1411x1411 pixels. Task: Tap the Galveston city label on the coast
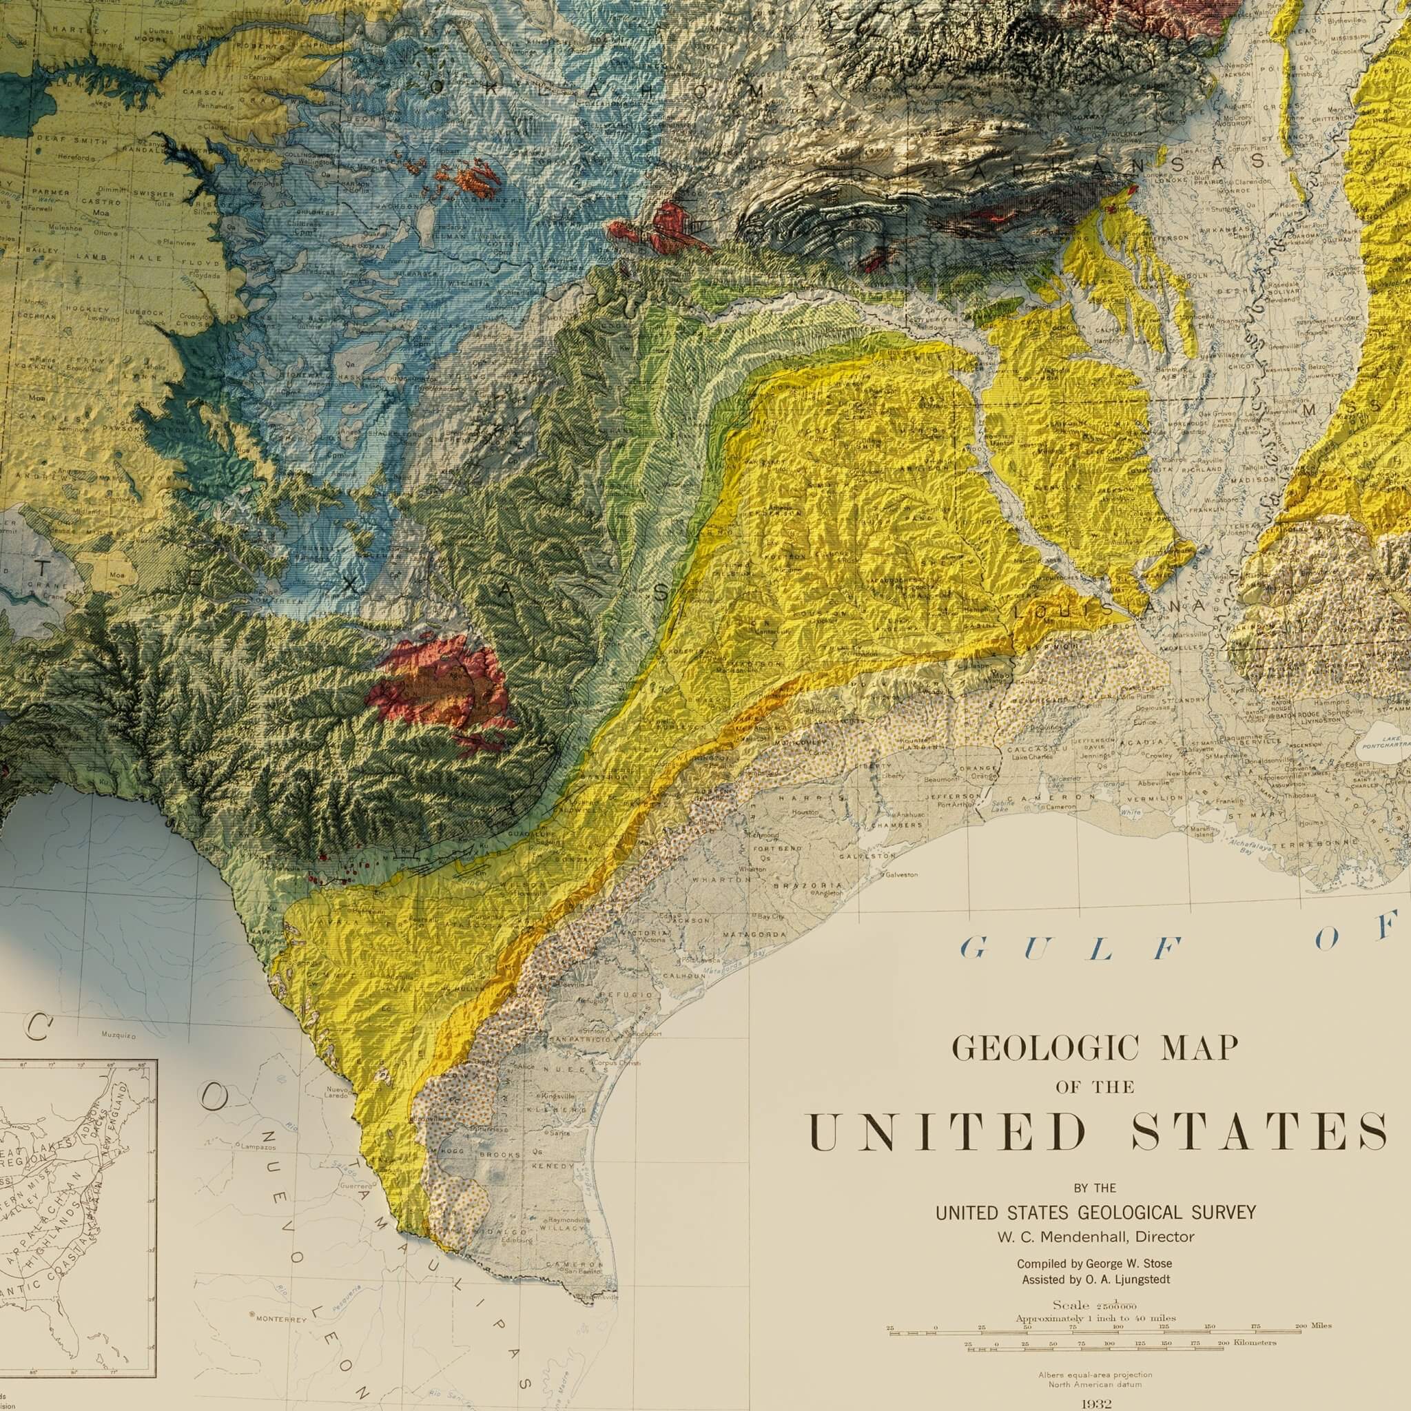tap(903, 875)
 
